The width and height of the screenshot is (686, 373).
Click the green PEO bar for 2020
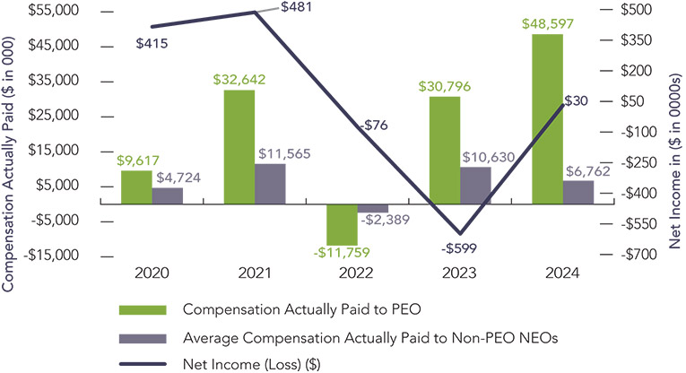pos(136,187)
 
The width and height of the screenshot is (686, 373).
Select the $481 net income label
pos(298,7)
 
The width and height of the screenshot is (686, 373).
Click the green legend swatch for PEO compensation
pos(142,309)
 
